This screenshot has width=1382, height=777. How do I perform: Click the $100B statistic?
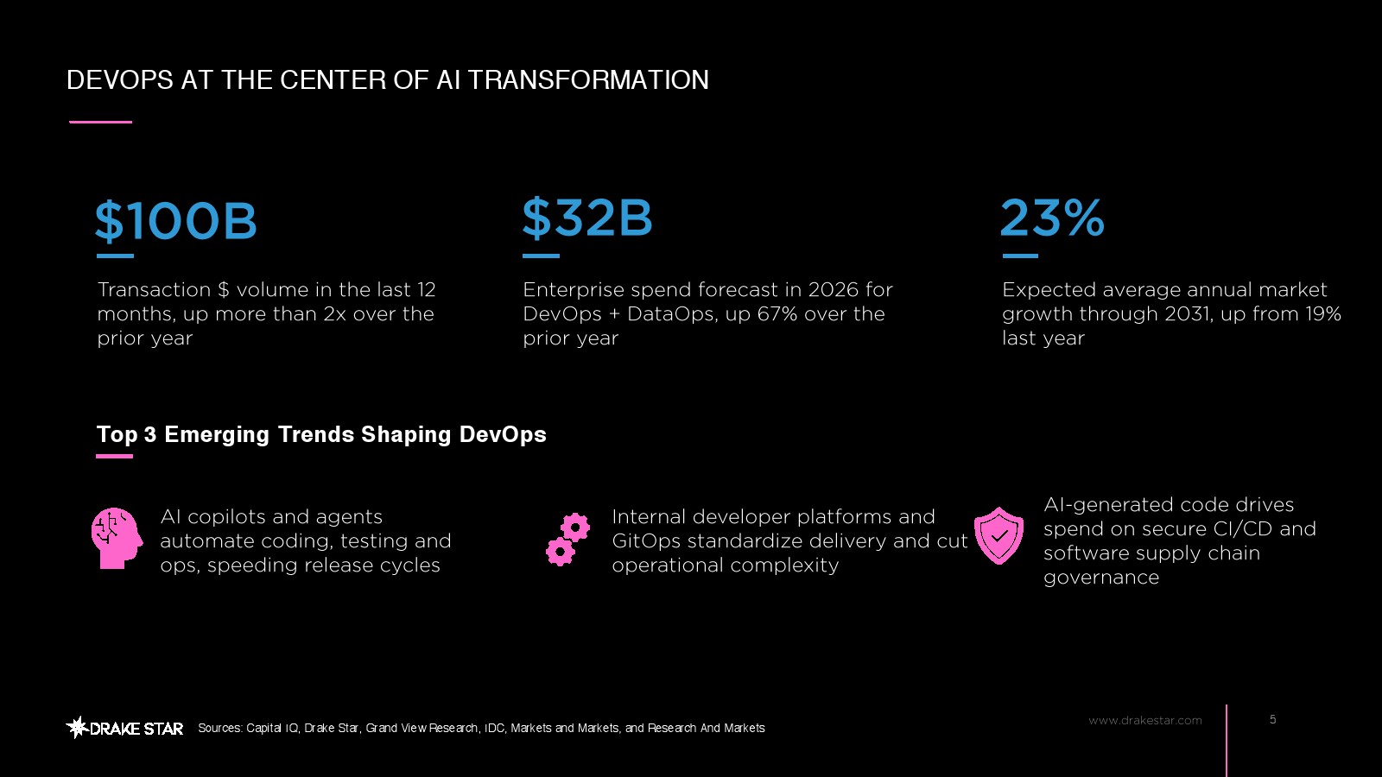(176, 221)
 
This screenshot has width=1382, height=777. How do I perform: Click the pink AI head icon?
(117, 538)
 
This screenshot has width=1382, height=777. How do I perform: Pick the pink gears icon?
(567, 540)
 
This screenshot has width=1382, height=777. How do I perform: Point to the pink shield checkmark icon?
(998, 535)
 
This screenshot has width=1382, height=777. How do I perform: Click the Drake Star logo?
(124, 729)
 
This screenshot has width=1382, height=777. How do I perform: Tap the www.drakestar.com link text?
(1145, 720)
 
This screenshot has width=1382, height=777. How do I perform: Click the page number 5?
(1273, 719)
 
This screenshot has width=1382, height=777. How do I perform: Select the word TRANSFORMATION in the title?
(588, 80)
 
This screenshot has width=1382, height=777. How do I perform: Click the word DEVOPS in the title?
(120, 80)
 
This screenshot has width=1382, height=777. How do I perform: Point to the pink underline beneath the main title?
(100, 122)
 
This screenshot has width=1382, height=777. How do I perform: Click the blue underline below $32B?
(541, 256)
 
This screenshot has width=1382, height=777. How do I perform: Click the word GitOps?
(647, 541)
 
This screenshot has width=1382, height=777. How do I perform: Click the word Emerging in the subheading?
(217, 435)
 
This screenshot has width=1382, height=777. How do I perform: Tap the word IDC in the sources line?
(494, 729)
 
